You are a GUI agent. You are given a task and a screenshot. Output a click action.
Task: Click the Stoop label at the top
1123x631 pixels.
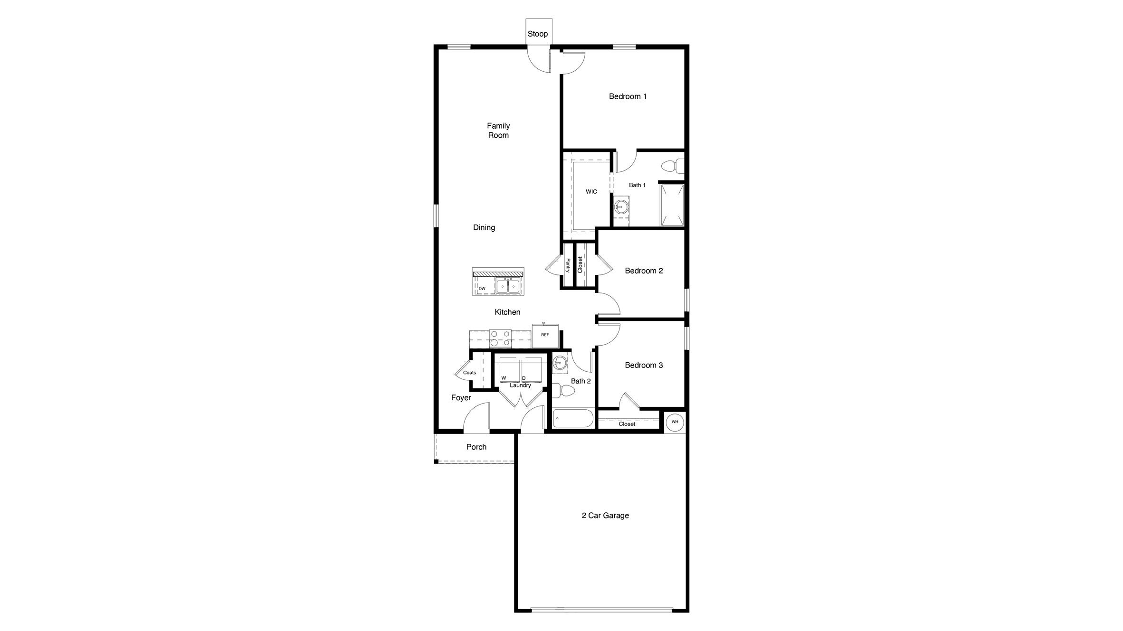(x=538, y=34)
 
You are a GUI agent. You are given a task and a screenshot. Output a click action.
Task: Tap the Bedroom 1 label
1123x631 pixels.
(x=628, y=96)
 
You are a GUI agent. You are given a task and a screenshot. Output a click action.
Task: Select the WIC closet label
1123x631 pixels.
(x=591, y=192)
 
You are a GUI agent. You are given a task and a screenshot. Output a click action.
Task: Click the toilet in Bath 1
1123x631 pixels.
(x=672, y=166)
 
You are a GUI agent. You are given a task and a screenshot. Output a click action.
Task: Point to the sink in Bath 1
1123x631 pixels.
(x=620, y=206)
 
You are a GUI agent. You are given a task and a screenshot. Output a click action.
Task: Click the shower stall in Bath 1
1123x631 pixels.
(x=672, y=205)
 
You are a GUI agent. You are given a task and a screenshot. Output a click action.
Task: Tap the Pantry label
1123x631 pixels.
(x=568, y=265)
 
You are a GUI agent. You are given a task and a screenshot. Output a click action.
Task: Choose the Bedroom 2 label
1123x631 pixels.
(x=644, y=271)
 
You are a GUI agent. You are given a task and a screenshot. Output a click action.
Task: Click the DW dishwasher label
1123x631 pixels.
(x=482, y=289)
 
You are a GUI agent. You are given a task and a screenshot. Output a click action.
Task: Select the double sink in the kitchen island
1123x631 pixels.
(x=508, y=286)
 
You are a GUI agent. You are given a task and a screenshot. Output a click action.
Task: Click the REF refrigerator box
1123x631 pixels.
(x=545, y=335)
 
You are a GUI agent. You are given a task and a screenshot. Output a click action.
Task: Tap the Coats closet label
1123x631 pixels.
(x=469, y=373)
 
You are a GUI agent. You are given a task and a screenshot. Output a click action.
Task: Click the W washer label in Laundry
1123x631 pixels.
(x=504, y=378)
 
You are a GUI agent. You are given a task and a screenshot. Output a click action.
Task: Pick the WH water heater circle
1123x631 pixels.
(x=675, y=422)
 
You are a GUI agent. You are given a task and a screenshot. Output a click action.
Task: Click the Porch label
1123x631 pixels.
(x=476, y=447)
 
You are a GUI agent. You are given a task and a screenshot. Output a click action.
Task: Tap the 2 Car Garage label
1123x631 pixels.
(x=605, y=515)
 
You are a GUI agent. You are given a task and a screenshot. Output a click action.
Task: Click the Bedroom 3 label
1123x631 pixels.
(x=644, y=365)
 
